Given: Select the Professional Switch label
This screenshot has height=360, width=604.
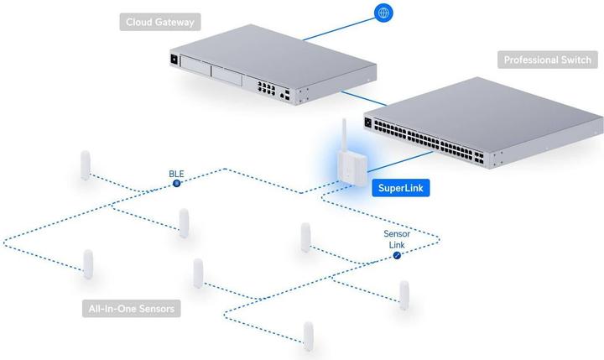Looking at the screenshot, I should point(547,60).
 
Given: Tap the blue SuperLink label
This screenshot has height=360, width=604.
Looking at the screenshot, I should point(401,189).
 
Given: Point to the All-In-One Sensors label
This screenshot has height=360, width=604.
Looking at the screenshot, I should point(133,309).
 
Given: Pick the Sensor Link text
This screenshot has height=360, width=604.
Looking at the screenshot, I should point(397,239).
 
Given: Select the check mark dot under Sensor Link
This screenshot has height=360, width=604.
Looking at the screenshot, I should point(397,254).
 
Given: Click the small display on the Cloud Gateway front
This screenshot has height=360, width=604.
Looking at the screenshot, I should point(174,60).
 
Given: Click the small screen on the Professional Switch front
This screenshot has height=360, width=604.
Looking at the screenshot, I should point(368,123).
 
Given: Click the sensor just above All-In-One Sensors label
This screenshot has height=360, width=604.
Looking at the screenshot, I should point(88,263).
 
